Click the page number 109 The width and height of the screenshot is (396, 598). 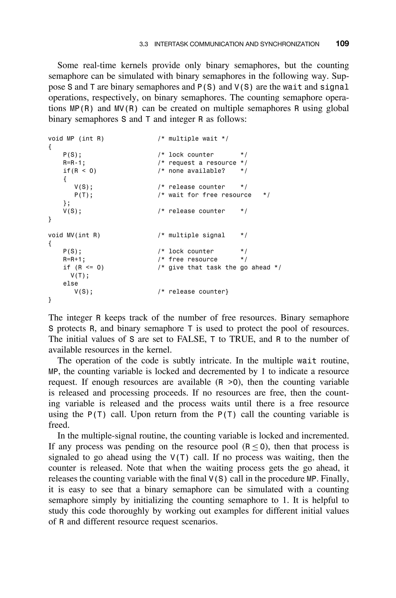[342, 44]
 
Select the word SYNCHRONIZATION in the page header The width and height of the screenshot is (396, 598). [289, 44]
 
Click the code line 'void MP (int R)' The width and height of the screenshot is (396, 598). [76, 139]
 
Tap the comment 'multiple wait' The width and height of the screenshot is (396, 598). [193, 139]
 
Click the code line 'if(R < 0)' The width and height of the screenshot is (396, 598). [80, 171]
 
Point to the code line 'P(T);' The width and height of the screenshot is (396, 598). [84, 195]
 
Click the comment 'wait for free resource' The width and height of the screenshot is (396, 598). [210, 195]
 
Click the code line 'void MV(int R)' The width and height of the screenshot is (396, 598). [74, 235]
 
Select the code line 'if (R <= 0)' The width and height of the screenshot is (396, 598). [84, 267]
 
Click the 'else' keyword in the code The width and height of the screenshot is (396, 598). [70, 284]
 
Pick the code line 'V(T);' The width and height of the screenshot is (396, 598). [80, 276]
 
